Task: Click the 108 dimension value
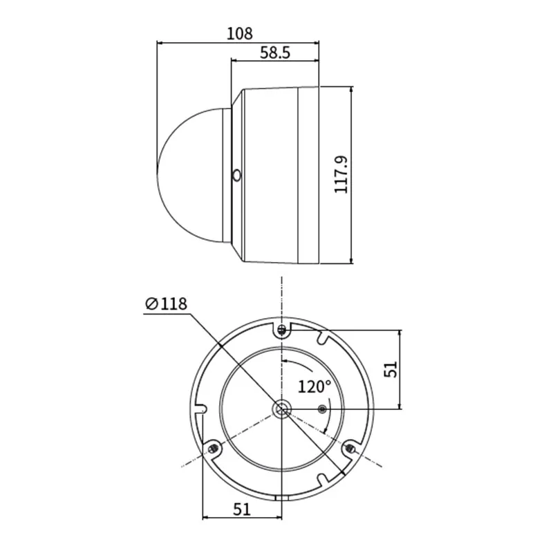tap(240, 32)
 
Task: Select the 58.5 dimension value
tap(274, 53)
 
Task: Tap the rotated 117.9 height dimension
tap(341, 174)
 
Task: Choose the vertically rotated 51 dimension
tap(390, 369)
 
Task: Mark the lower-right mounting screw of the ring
tap(350, 449)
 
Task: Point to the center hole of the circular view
tap(281, 409)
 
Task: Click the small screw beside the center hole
tap(321, 409)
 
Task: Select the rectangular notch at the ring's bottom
tap(281, 497)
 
